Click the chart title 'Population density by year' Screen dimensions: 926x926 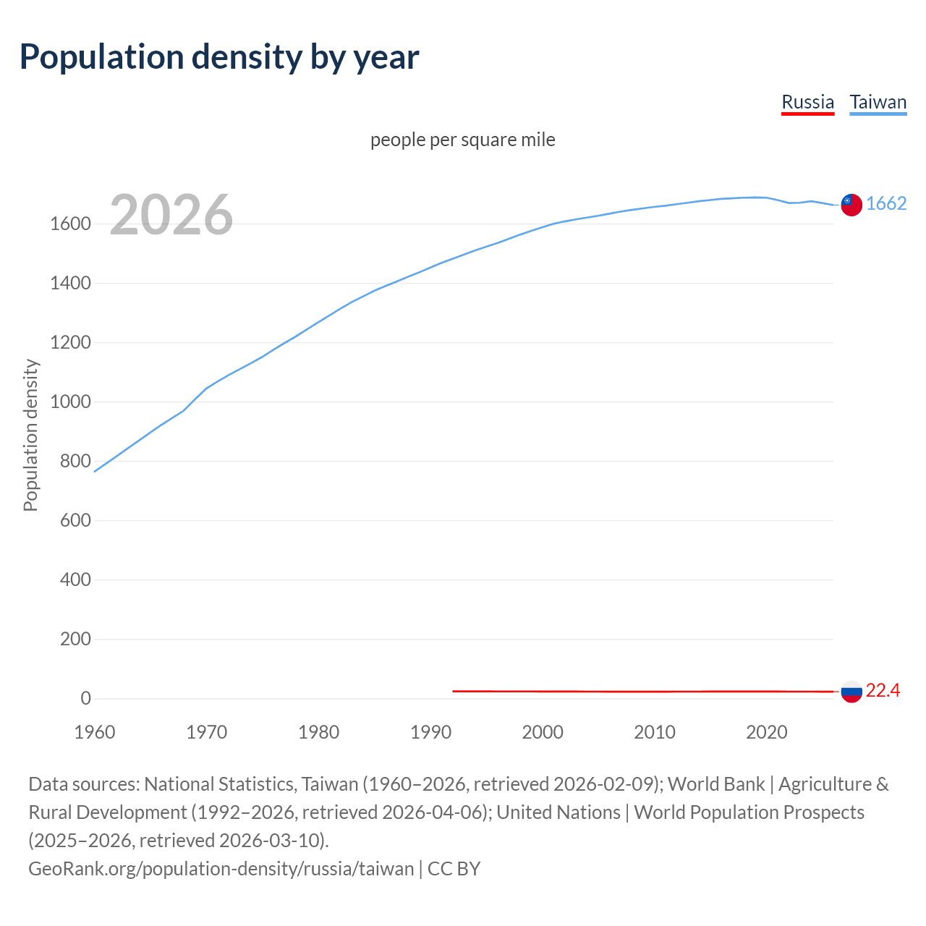219,57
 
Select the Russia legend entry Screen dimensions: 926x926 807,102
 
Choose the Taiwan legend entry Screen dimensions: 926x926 878,102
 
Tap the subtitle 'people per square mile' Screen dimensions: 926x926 462,140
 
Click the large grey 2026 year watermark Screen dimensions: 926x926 171,215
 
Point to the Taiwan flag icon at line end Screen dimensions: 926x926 851,205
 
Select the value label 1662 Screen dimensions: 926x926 885,203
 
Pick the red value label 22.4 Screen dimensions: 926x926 883,691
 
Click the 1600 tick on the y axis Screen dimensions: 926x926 70,224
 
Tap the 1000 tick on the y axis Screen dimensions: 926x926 70,402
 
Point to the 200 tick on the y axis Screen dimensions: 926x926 75,640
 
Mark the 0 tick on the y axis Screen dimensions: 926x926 86,699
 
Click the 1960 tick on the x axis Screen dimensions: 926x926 95,732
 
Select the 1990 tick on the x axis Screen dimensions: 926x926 430,732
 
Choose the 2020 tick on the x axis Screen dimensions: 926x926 766,732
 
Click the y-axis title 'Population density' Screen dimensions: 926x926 30,436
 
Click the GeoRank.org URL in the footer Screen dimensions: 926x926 221,868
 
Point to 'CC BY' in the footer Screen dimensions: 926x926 454,868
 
